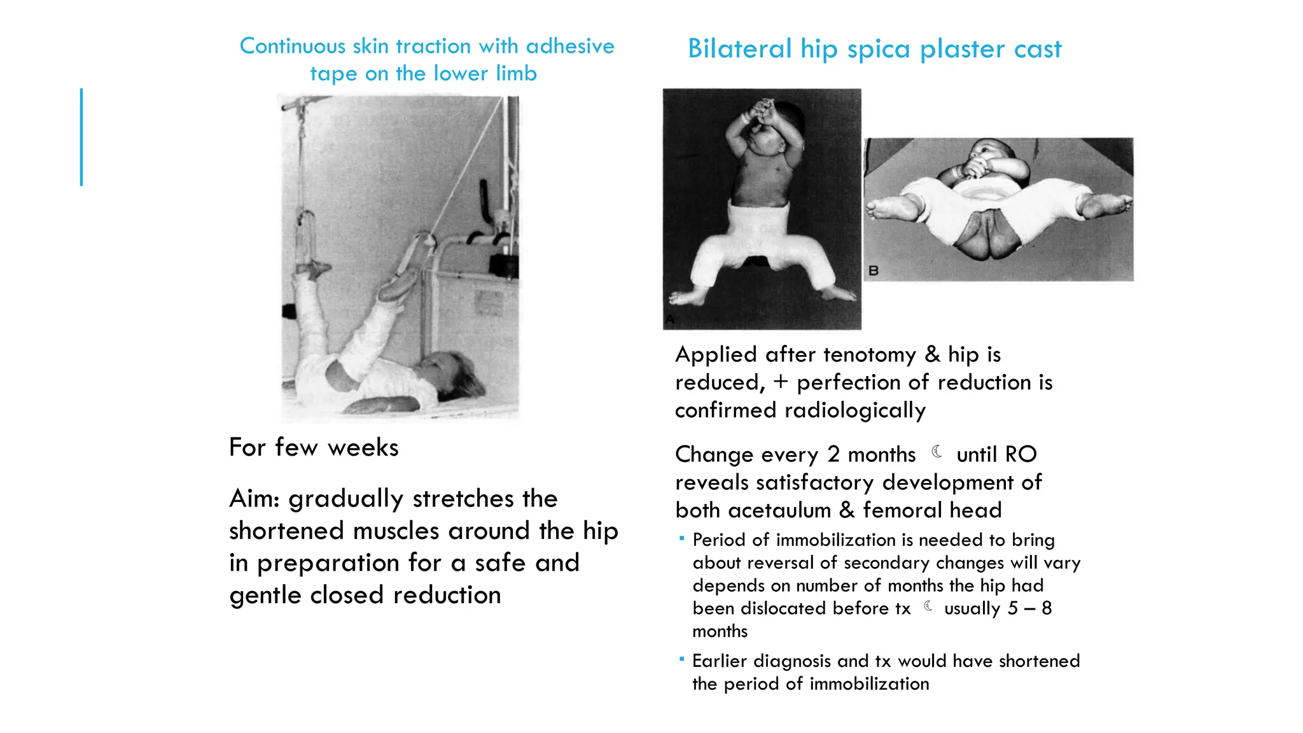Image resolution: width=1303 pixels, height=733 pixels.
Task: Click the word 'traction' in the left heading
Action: point(433,46)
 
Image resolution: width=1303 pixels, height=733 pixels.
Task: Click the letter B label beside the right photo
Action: point(874,270)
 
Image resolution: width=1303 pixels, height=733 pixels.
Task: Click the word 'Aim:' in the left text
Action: point(254,498)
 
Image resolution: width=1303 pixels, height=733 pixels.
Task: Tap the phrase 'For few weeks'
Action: point(314,447)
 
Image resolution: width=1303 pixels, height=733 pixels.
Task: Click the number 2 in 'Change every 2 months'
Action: point(833,454)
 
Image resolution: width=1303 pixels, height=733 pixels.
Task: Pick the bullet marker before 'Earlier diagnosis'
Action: point(681,659)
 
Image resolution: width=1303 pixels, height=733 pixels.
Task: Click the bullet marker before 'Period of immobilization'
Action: point(681,538)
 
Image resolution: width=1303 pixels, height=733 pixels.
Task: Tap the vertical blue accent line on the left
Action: point(81,137)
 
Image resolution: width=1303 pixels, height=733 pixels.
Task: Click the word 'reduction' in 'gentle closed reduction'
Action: point(447,595)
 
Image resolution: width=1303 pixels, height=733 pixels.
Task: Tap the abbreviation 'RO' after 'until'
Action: point(1021,454)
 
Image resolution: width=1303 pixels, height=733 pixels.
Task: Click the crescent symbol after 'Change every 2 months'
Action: point(937,452)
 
